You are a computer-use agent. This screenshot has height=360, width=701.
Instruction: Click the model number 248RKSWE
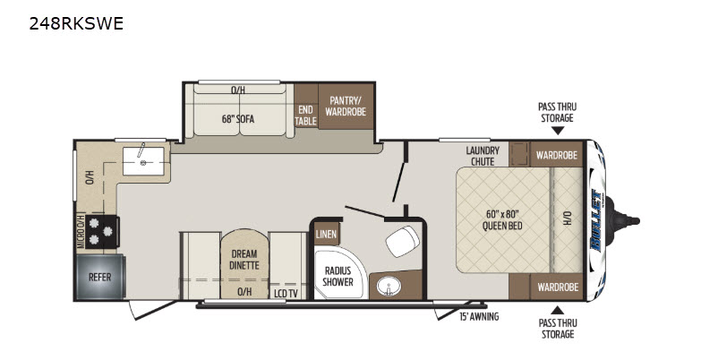click(x=76, y=23)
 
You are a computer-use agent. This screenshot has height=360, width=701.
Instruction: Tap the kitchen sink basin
click(x=143, y=161)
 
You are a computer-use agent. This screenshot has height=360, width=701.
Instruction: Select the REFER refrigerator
click(x=99, y=278)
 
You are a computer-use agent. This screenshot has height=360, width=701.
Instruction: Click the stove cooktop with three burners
click(x=102, y=232)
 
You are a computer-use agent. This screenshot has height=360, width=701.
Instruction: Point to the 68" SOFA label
click(x=238, y=119)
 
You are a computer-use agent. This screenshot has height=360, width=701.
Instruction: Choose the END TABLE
click(x=306, y=116)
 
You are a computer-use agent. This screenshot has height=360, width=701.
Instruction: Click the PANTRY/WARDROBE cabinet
click(x=346, y=106)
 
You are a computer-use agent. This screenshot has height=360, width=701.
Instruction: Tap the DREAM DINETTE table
click(x=244, y=264)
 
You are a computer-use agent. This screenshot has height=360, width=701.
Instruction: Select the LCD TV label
click(x=286, y=294)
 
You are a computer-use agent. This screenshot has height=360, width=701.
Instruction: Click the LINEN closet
click(x=327, y=234)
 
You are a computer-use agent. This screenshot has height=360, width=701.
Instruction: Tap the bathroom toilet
click(x=402, y=241)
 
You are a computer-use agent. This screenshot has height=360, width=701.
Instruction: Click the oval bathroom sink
click(x=388, y=286)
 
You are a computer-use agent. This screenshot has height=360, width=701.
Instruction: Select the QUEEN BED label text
click(x=502, y=220)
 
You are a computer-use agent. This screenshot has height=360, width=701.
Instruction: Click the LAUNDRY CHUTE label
click(x=483, y=156)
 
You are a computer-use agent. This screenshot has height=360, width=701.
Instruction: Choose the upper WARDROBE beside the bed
click(x=557, y=154)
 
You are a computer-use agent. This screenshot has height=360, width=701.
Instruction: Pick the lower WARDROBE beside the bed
click(x=557, y=287)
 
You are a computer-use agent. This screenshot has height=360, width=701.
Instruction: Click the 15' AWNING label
click(x=479, y=317)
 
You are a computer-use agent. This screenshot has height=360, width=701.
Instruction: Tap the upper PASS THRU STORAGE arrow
click(x=557, y=130)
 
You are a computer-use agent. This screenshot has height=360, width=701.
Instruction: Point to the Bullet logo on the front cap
click(x=596, y=220)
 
